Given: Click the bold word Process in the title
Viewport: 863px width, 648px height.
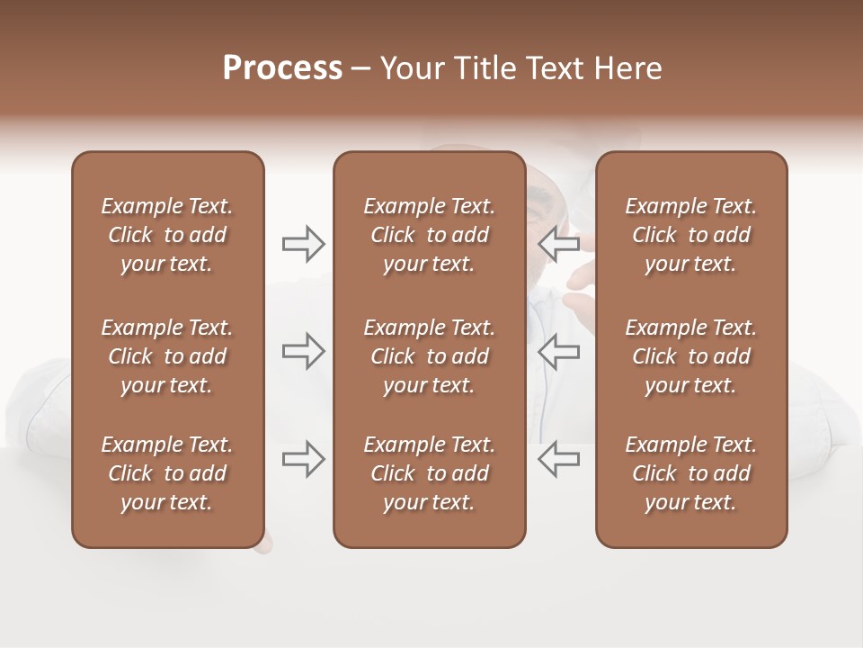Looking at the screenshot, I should point(282,68).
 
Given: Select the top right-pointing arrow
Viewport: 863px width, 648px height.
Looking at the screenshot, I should point(303,244).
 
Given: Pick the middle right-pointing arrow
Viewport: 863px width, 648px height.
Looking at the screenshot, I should point(303,351).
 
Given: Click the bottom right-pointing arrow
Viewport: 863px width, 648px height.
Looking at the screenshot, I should point(303,459).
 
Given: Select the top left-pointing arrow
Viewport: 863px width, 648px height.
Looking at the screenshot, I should point(559,244).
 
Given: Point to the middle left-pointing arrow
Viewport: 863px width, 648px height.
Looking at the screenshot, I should point(559,351).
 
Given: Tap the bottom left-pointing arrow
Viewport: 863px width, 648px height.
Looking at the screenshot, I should point(559,459).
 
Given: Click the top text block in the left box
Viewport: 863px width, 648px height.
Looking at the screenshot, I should point(167,235).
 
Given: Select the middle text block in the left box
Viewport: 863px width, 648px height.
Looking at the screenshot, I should point(167,356).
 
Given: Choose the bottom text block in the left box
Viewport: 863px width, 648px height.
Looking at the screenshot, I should point(167,473).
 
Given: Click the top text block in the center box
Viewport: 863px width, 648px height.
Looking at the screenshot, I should point(429,235).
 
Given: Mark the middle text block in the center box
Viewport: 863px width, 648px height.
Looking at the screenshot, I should point(429,356).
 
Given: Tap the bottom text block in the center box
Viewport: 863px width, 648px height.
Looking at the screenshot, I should point(429,473).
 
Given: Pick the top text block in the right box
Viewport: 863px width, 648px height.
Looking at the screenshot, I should point(690,235).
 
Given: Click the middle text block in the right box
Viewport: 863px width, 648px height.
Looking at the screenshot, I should point(690,356).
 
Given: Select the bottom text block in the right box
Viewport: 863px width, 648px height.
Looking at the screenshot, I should point(690,473).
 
